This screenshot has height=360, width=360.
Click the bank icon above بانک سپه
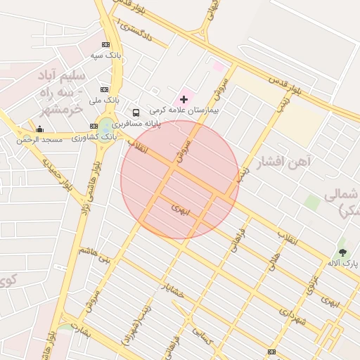105,44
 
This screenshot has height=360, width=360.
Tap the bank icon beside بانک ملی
104,89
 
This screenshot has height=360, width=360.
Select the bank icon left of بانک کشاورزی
94,127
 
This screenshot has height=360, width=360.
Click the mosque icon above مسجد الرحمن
40,129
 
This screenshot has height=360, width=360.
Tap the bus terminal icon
136,112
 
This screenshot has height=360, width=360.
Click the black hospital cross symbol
184,100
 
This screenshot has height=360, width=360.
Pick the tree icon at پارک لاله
342,251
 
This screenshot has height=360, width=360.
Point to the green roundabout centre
106,126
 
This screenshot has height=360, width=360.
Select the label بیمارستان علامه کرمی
186,110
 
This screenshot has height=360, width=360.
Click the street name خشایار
171,290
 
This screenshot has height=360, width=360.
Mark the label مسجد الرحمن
40,139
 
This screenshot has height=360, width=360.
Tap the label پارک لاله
342,262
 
